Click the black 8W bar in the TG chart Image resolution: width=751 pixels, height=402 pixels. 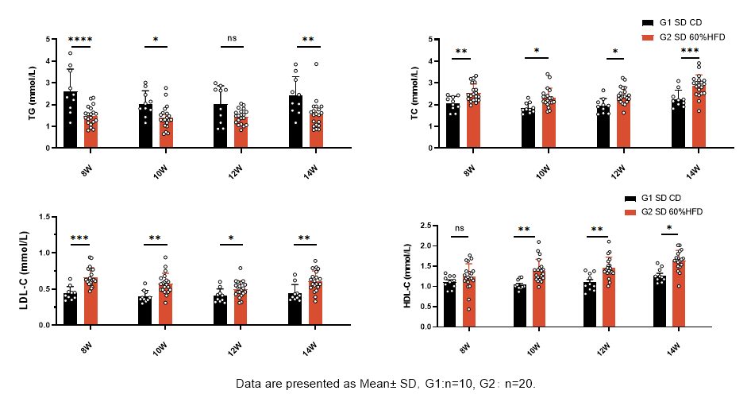(71, 119)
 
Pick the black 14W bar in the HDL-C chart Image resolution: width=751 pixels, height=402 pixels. (660, 301)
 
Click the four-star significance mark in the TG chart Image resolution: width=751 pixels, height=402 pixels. (80, 39)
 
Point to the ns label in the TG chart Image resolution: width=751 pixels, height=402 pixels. (233, 38)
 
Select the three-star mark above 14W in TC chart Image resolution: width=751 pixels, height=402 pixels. (690, 50)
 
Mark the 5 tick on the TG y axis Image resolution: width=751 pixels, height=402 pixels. (49, 39)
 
